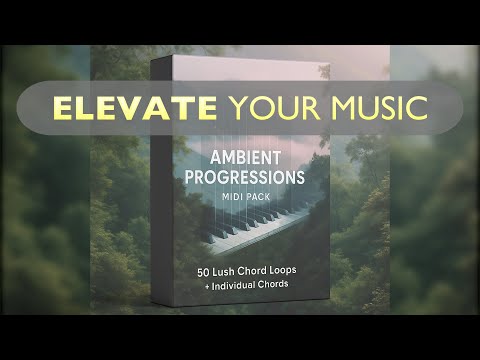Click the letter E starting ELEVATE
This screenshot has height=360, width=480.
click(x=63, y=105)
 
